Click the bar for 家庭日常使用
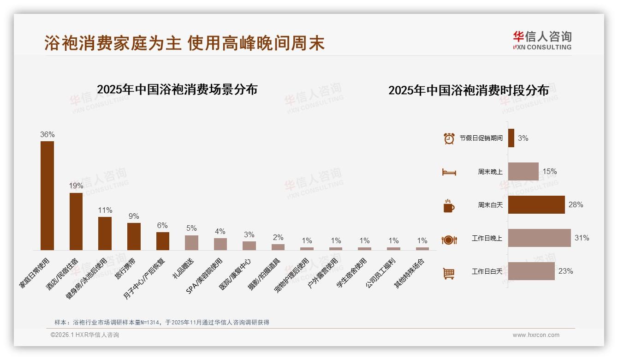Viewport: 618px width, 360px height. tap(47, 195)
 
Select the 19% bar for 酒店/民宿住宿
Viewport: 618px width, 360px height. tap(76, 221)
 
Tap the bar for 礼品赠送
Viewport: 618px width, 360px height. tap(191, 242)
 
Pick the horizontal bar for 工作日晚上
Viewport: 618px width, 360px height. tap(539, 238)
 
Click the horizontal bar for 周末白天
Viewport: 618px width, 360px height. tap(536, 205)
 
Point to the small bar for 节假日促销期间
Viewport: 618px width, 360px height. tap(511, 138)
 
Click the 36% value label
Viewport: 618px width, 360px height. tap(47, 135)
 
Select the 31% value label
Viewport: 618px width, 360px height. tap(582, 238)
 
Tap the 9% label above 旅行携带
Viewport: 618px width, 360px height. tap(134, 216)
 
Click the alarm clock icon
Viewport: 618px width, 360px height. tap(449, 138)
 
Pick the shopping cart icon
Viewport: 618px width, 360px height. tap(449, 273)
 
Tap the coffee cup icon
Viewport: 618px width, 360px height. tap(449, 206)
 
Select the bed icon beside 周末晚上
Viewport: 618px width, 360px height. tap(449, 172)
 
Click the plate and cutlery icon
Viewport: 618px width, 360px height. tap(449, 240)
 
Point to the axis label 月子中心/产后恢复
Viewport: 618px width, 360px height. tap(144, 278)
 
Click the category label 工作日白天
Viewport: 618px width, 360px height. tap(487, 271)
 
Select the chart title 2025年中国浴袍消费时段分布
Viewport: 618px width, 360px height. tap(468, 90)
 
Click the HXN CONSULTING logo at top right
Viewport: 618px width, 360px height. tap(542, 40)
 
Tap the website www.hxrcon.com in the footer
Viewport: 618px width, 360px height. tap(536, 335)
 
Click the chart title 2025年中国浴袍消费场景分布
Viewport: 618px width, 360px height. tap(177, 89)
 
